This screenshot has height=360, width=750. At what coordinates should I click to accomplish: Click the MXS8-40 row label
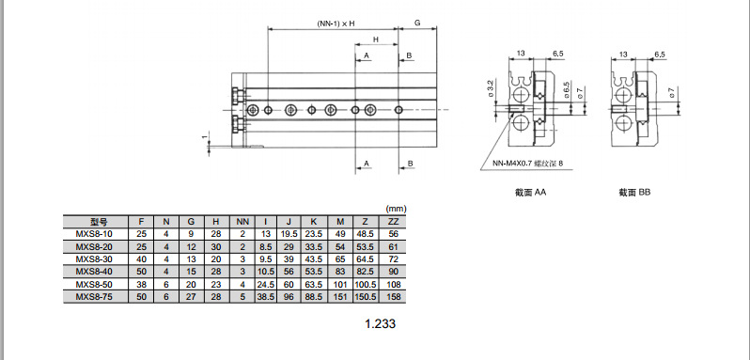[95, 272]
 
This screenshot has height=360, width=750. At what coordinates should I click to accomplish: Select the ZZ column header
[393, 222]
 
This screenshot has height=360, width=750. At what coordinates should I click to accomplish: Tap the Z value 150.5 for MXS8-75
[366, 297]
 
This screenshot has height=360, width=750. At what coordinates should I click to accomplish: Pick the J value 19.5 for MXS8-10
[289, 234]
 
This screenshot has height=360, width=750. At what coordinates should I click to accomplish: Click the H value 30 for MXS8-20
[216, 246]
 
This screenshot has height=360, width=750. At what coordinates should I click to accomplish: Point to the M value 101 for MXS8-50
[340, 285]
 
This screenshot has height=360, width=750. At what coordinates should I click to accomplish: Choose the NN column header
[242, 222]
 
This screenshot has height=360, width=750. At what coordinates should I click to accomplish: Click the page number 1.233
[381, 323]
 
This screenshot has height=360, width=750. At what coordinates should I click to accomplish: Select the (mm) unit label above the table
[396, 209]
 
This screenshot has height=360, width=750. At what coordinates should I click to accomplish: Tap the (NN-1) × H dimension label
[336, 23]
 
